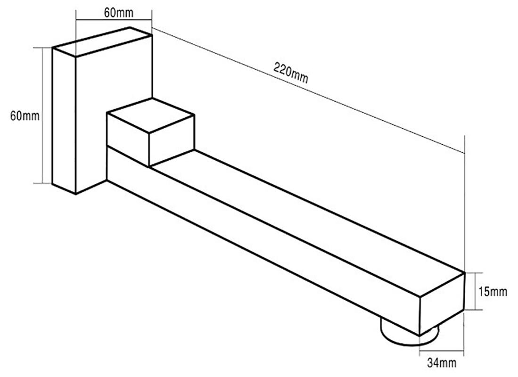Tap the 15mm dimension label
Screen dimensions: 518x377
(x=493, y=292)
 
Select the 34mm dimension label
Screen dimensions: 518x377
(x=442, y=363)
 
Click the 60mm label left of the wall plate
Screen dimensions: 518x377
(x=25, y=116)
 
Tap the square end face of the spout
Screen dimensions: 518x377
(x=442, y=304)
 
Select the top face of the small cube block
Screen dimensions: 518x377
(x=150, y=115)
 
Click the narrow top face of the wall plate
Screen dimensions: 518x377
(x=102, y=42)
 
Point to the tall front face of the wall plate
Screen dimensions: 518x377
(x=64, y=121)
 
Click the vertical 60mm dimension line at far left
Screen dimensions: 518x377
(x=42, y=115)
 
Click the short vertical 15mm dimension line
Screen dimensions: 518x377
(x=476, y=291)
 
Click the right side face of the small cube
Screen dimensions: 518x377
(x=172, y=140)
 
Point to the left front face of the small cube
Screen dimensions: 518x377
(x=128, y=139)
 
